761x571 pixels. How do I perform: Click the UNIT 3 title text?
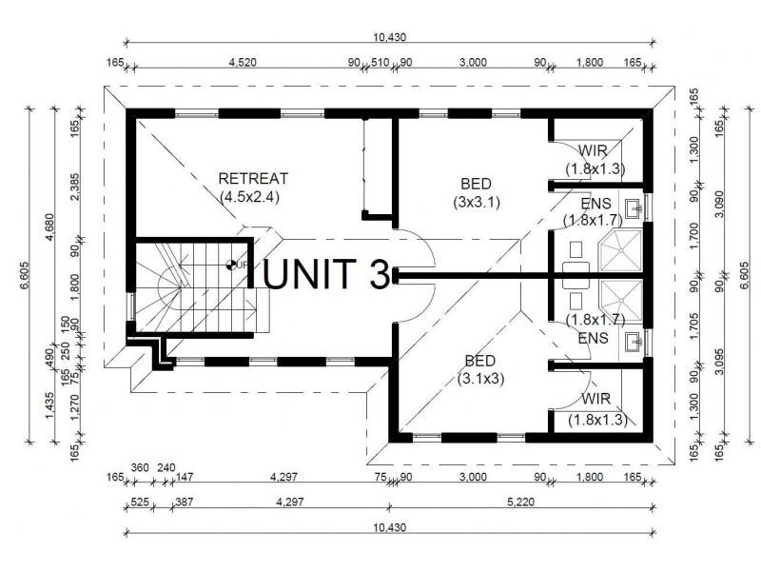[326, 273]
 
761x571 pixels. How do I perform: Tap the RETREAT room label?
[253, 178]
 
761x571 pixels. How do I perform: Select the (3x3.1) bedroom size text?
[478, 202]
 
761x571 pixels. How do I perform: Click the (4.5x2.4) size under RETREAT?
[253, 197]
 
